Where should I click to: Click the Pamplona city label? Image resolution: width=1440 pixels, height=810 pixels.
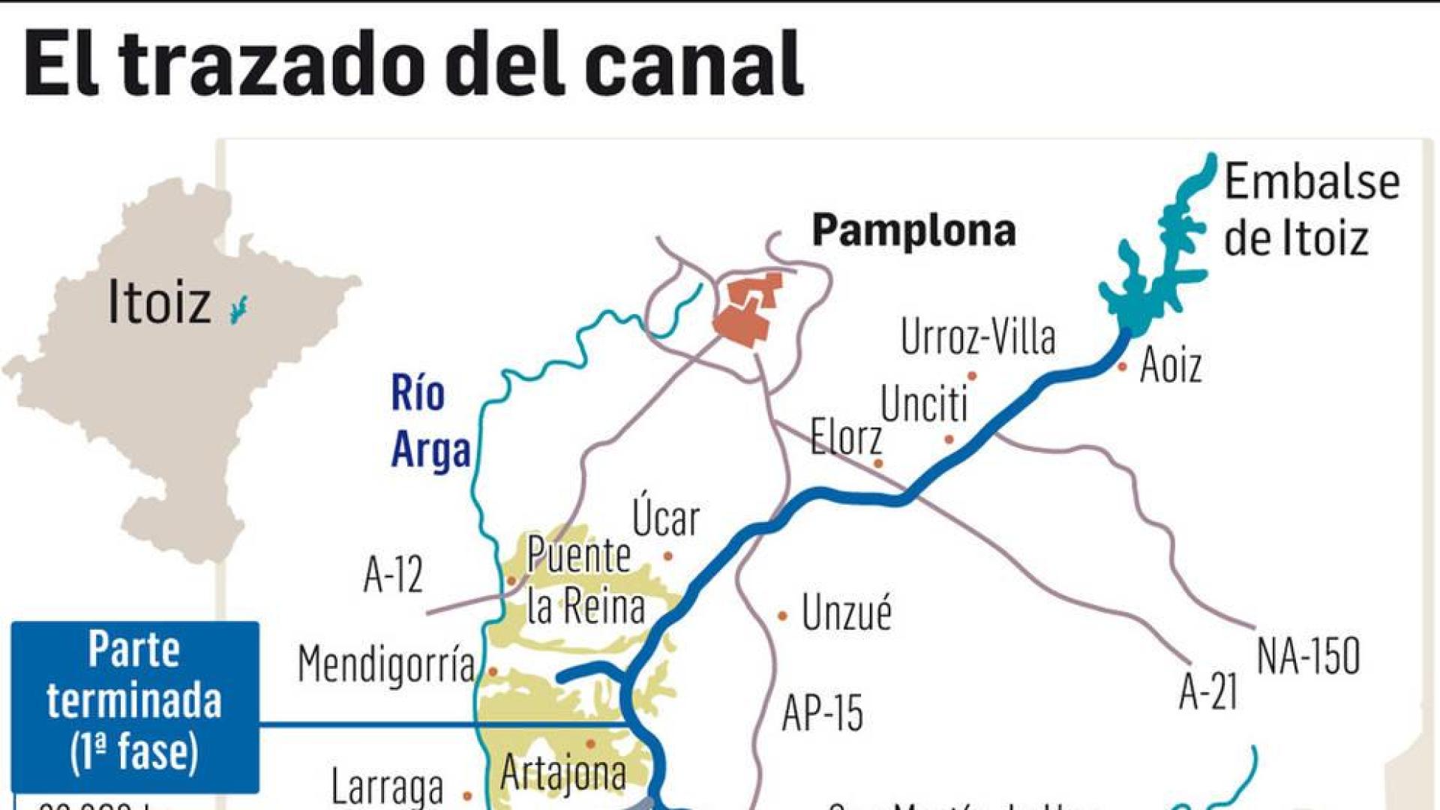coord(913,230)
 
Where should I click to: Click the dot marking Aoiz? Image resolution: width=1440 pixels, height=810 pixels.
coord(1123,367)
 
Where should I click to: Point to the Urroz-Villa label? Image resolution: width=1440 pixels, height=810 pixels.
coord(978,337)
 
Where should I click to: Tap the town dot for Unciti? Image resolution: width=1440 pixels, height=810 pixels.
coord(949,439)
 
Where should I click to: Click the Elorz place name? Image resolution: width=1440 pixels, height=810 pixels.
coord(846,437)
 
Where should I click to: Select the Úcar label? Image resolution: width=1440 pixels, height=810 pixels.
coord(665,517)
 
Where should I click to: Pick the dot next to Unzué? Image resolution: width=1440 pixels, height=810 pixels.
coord(782,616)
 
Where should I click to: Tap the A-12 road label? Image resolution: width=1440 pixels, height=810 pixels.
coord(393,575)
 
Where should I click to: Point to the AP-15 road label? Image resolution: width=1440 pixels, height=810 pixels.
coord(822,712)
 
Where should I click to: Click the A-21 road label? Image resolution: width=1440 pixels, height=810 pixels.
coord(1207,691)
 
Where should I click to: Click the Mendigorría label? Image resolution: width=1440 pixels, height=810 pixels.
coord(386,664)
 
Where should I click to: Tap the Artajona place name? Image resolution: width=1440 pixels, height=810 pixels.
coord(563,772)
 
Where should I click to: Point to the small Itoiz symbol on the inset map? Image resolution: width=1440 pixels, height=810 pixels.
coord(238,309)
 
